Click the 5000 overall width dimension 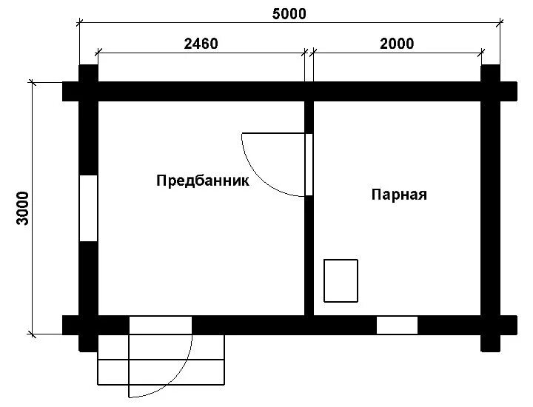[x=289, y=14]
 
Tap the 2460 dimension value [x=201, y=44]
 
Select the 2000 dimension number [x=397, y=44]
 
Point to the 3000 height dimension [x=23, y=208]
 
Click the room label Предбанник [x=203, y=181]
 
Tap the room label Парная [x=399, y=195]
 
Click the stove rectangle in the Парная [x=341, y=280]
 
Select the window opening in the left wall [x=88, y=208]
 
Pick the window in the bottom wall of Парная [x=397, y=325]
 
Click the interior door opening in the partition [x=309, y=164]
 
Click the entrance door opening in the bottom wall [x=161, y=325]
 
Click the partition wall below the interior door [x=309, y=256]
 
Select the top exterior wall [x=289, y=91]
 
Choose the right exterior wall [x=490, y=208]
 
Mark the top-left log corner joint [x=88, y=91]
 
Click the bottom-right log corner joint [x=490, y=325]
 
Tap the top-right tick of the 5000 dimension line [x=500, y=23]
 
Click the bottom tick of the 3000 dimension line [x=33, y=334]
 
